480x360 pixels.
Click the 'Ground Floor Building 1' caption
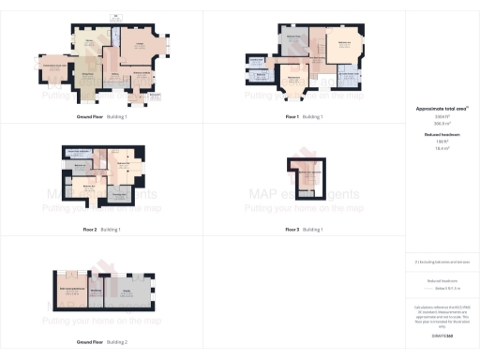(x=102, y=117)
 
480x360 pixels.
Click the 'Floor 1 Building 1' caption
(x=304, y=117)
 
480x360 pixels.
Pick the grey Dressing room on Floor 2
(x=119, y=194)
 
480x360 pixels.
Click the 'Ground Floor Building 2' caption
(x=102, y=342)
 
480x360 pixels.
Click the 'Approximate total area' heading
(x=441, y=109)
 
